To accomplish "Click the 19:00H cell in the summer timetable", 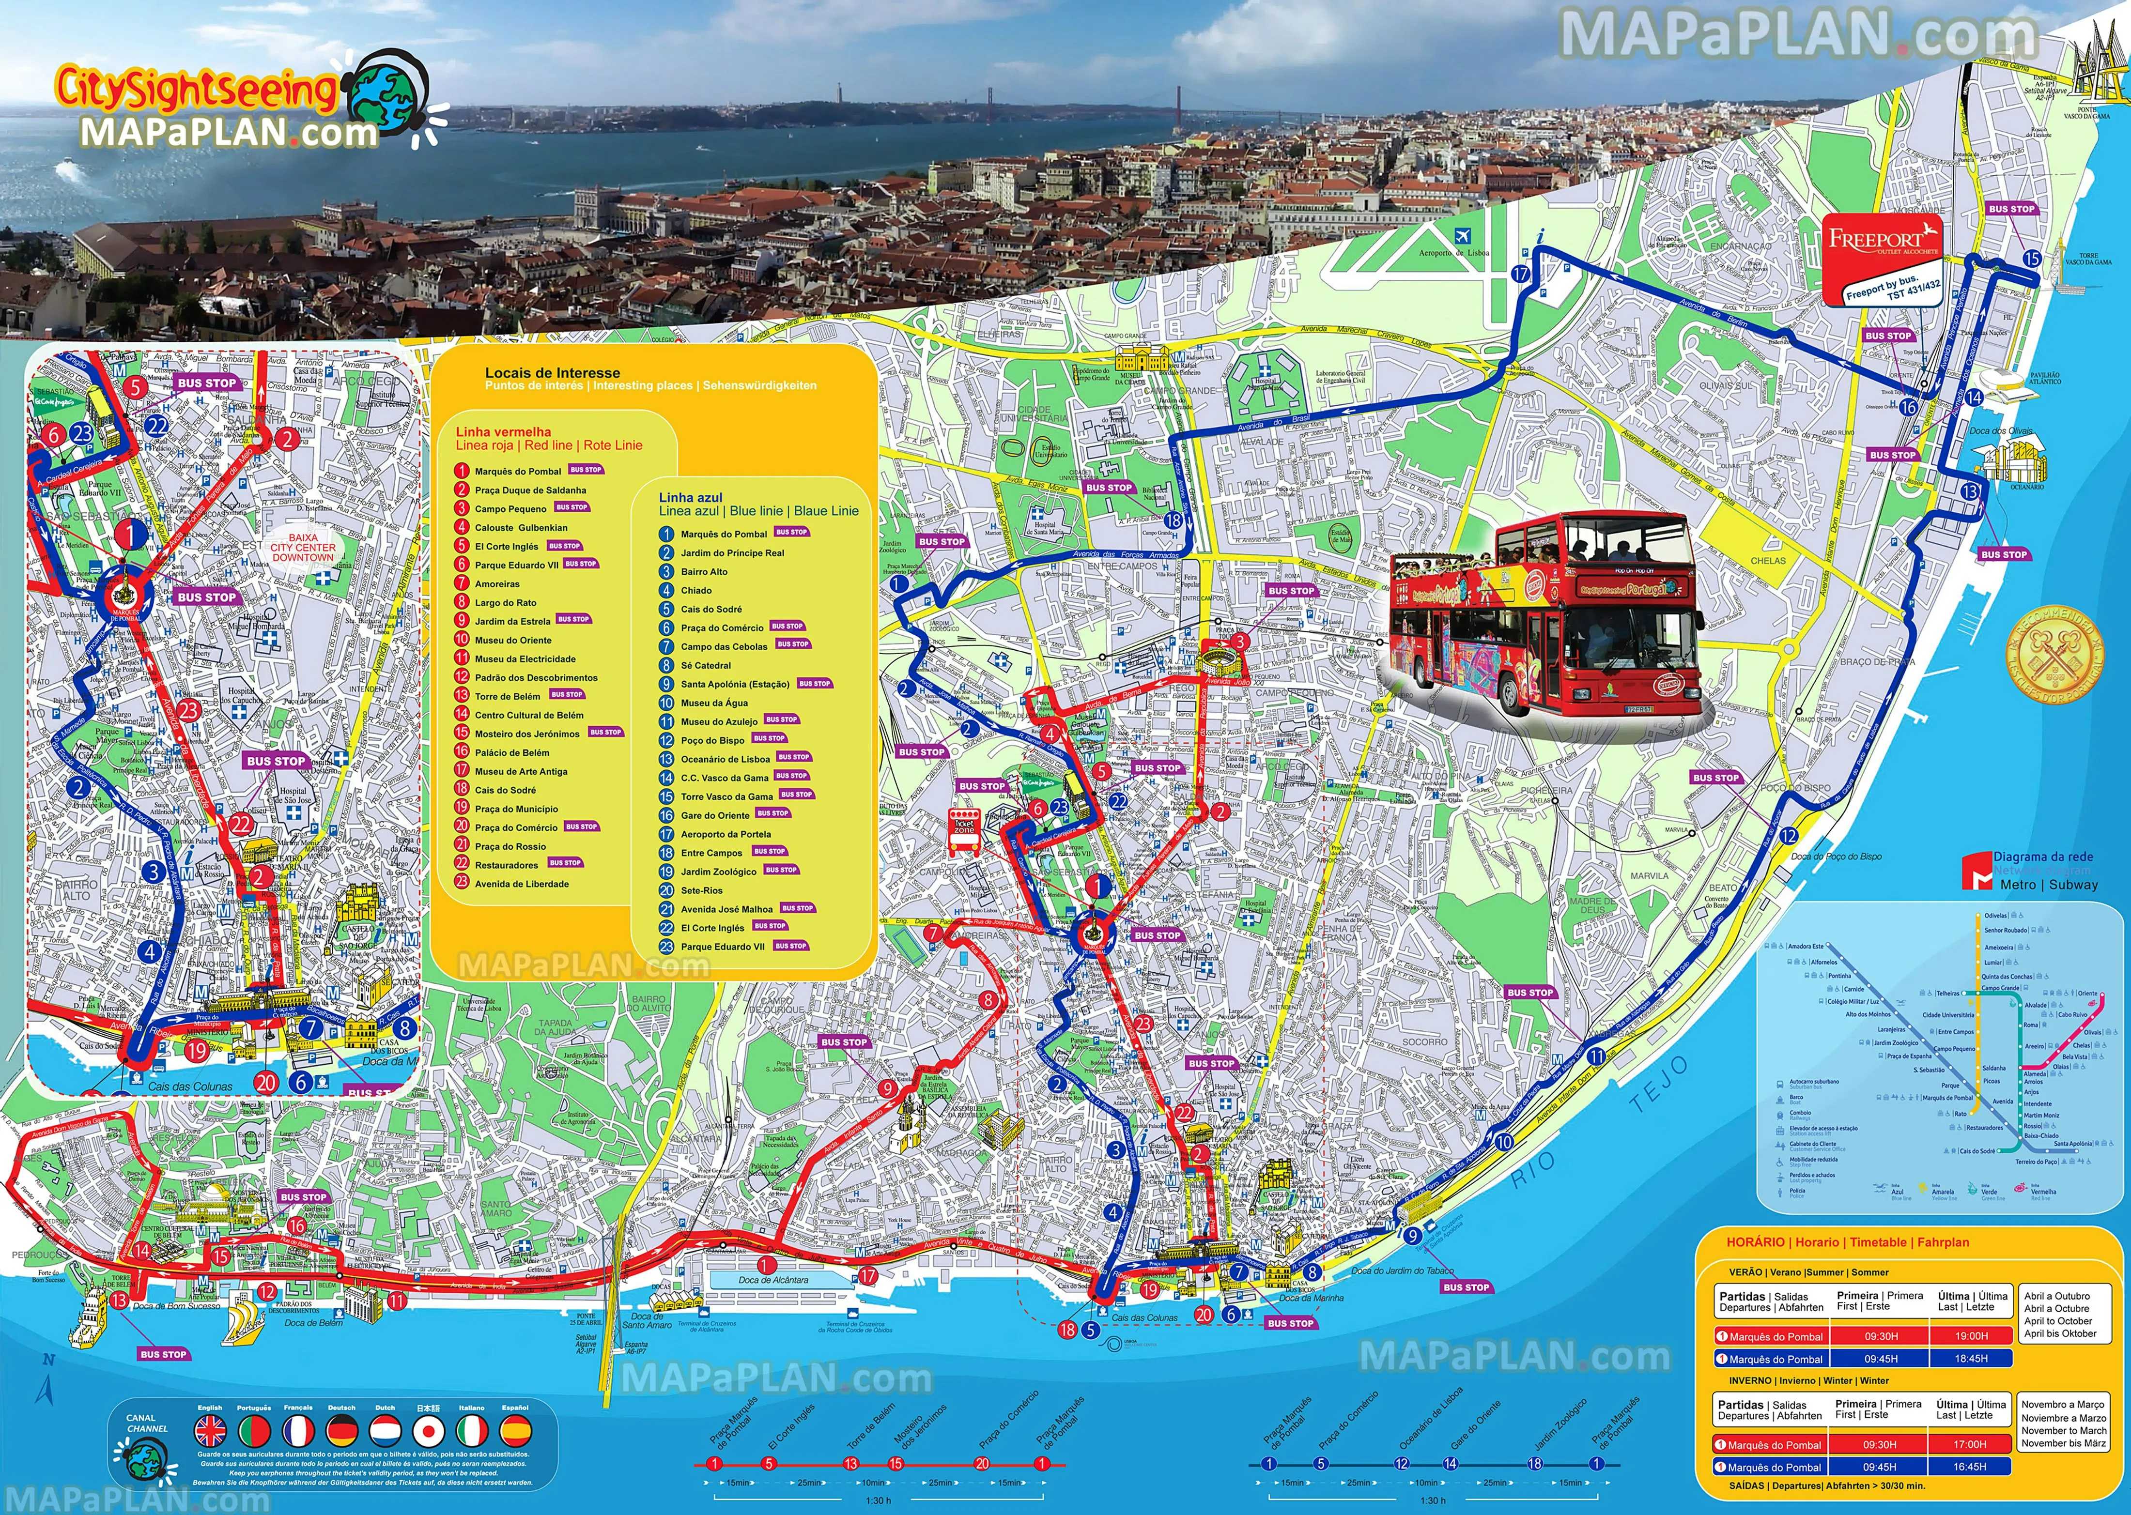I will (x=1972, y=1336).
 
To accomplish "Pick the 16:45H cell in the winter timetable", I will (x=1970, y=1467).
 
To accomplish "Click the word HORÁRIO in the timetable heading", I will (x=1757, y=1241).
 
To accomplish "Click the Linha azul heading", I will (x=691, y=497).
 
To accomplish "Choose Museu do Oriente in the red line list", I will (x=513, y=640).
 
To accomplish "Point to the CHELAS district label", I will (x=1768, y=561).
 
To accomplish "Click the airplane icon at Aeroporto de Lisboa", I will (x=1462, y=236).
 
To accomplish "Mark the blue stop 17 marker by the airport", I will (x=1522, y=274).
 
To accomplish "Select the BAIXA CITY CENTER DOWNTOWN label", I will (x=302, y=548).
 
